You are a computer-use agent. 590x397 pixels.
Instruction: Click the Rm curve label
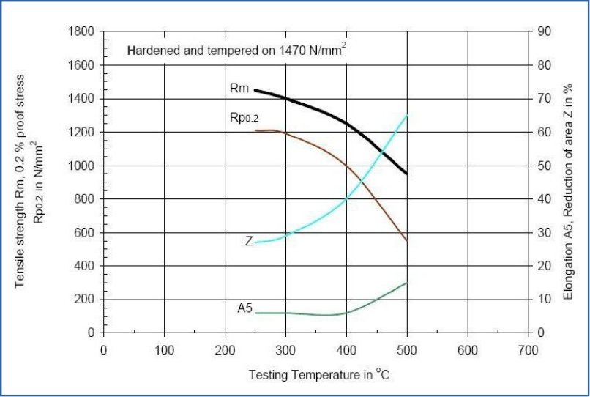239,89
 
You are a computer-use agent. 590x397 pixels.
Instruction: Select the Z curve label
249,241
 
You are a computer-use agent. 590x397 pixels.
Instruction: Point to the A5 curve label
244,308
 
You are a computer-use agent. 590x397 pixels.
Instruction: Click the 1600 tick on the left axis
81,65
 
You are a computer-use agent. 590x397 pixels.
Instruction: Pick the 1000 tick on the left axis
81,166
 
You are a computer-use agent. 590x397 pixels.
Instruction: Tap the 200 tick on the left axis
84,300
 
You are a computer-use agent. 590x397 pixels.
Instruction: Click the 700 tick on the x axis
528,350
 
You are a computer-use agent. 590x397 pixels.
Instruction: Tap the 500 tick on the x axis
407,350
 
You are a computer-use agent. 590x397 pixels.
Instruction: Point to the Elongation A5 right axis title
568,190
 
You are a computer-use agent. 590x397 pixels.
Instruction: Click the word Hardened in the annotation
151,52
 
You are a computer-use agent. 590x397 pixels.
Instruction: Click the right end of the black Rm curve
406,174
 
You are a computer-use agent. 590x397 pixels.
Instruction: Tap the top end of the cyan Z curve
406,116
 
